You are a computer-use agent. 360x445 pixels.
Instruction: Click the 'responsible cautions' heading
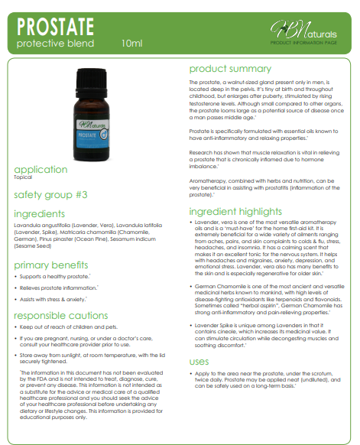61,315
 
